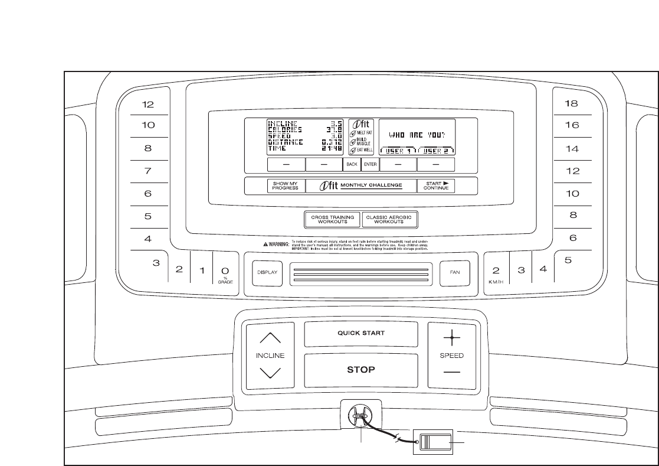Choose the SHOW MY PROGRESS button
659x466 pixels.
click(285, 185)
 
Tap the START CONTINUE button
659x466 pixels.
click(436, 185)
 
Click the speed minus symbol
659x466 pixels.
click(452, 373)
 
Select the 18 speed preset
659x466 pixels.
click(571, 103)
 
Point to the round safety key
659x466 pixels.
click(358, 415)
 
